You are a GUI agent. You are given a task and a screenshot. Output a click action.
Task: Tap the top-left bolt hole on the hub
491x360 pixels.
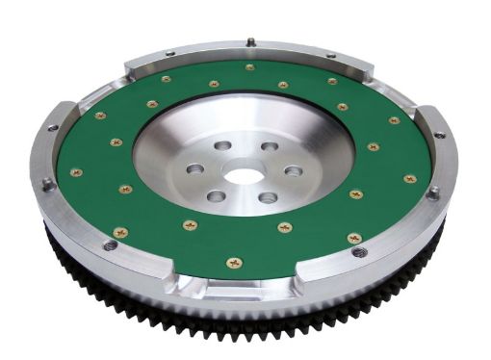tap(220, 145)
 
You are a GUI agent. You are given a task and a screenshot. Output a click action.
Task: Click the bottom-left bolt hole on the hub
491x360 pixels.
tap(216, 196)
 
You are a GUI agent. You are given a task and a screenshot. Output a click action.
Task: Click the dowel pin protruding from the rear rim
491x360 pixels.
tap(249, 41)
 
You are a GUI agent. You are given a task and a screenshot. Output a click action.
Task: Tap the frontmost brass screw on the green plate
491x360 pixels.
tap(234, 262)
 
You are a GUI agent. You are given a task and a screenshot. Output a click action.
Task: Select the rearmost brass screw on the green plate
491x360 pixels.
tap(250, 67)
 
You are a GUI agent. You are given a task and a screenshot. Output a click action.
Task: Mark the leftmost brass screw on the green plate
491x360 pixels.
tap(76, 172)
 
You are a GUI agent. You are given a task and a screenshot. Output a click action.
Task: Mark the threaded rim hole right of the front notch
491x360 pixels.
tap(360, 252)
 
